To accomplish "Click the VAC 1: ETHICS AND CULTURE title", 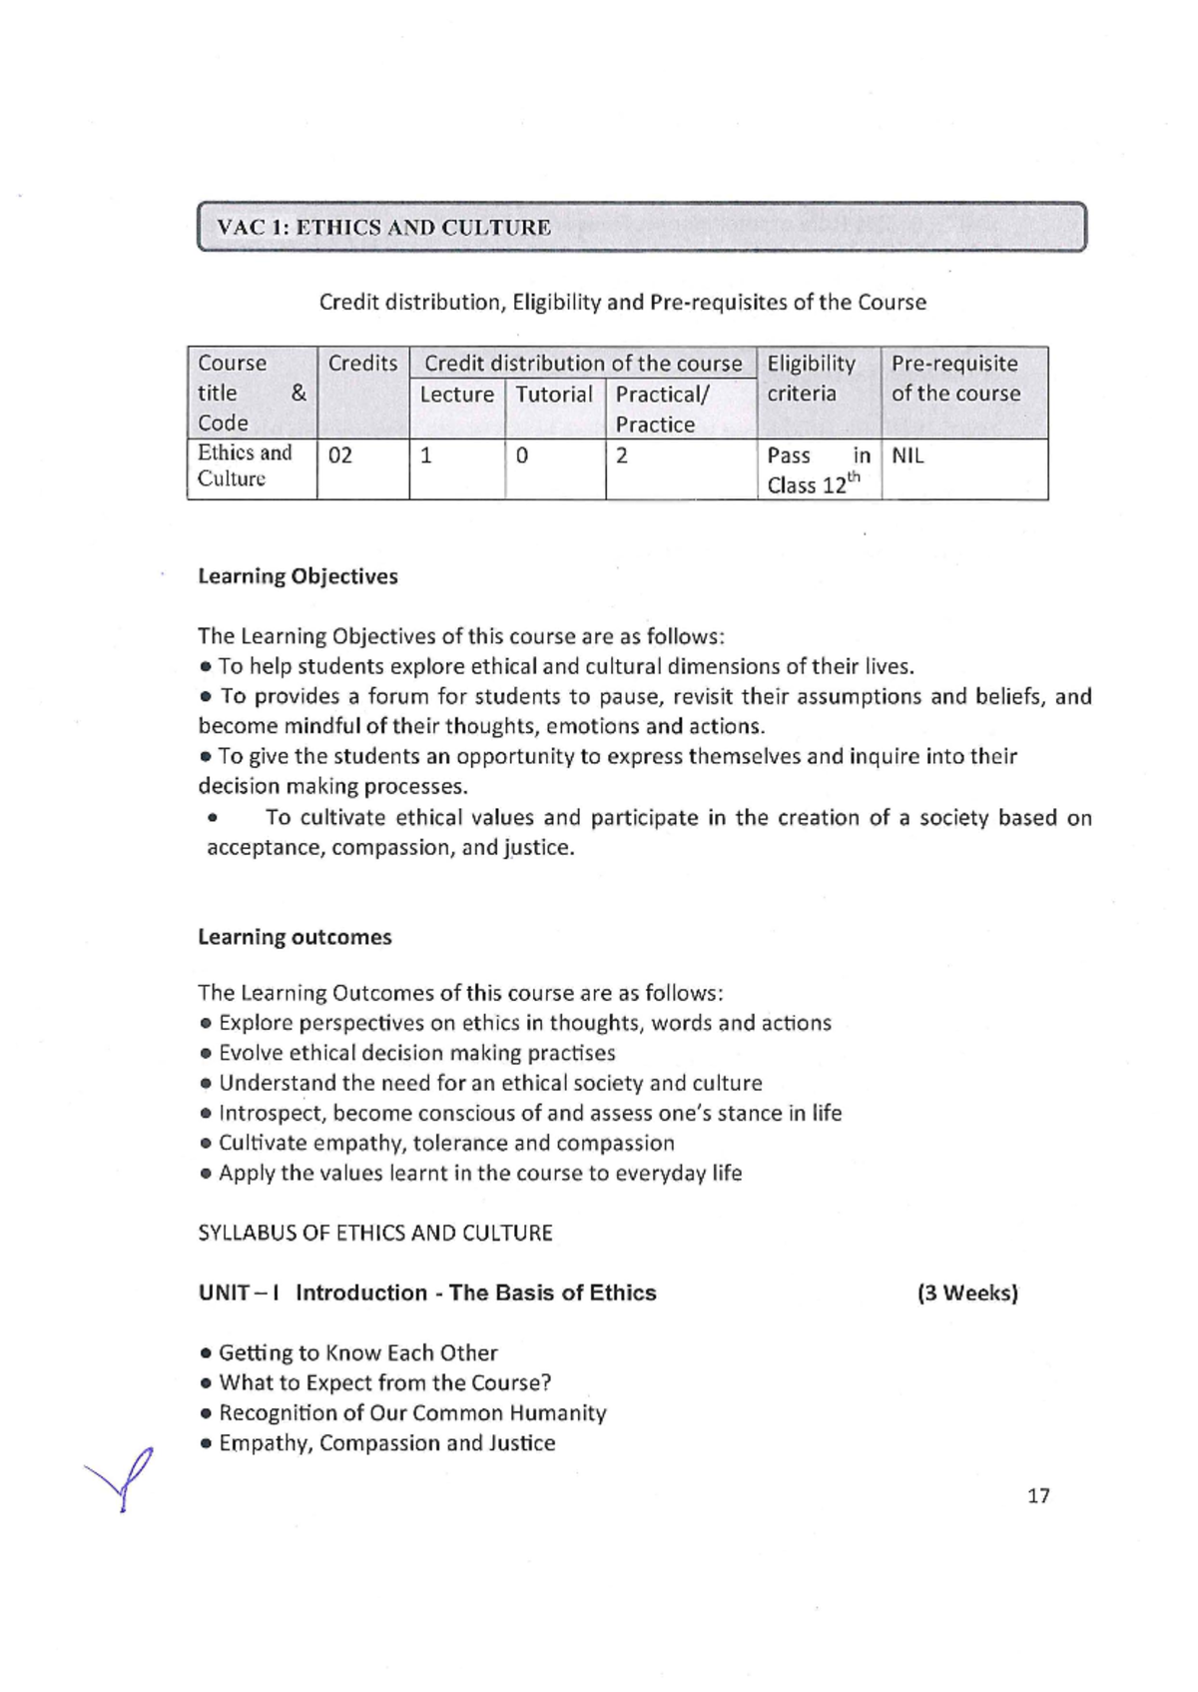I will click(x=384, y=227).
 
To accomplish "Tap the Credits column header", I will click(x=362, y=364).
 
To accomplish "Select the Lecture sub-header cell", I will click(x=456, y=395).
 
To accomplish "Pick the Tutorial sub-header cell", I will click(x=554, y=395).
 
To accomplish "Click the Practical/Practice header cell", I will click(x=662, y=409).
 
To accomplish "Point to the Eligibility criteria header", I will click(x=812, y=379).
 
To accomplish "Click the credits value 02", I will click(x=340, y=456).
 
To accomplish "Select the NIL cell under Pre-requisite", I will click(x=907, y=456).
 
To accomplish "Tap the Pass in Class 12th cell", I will click(x=818, y=470).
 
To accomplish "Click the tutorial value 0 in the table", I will click(x=521, y=456).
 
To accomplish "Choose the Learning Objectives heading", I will click(x=298, y=576).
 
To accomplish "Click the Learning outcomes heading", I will click(x=295, y=937).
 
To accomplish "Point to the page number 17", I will click(x=1038, y=1495).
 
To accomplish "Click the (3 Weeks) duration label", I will click(x=967, y=1293).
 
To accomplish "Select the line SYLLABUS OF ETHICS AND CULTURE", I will click(x=375, y=1233).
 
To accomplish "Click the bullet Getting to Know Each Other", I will click(x=357, y=1353).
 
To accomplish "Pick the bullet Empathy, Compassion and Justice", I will click(x=386, y=1443).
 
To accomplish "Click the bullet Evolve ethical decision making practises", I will click(x=416, y=1053).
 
